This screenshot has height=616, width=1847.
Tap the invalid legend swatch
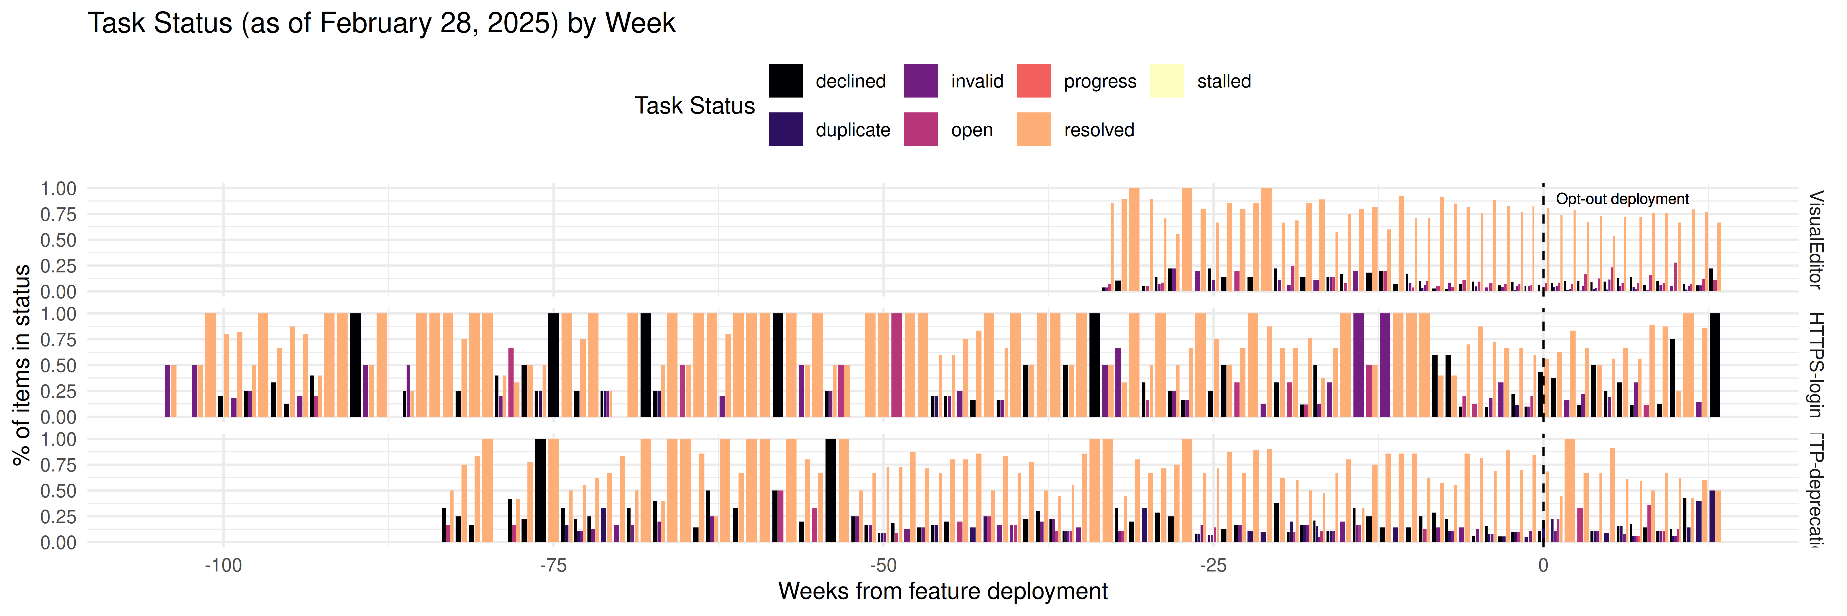[x=921, y=80]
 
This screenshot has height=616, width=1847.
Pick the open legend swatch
[x=921, y=129]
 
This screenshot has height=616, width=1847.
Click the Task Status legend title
[x=694, y=105]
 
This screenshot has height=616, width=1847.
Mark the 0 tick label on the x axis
[x=1543, y=566]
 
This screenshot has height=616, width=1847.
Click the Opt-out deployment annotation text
[x=1622, y=199]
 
